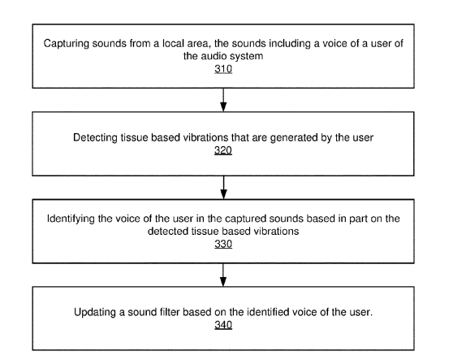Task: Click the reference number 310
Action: point(223,69)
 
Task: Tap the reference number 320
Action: point(223,150)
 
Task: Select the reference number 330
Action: point(223,244)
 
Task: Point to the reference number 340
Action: point(223,325)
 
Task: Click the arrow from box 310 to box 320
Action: point(223,100)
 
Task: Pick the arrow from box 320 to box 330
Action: point(223,188)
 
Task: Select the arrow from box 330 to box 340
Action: point(223,275)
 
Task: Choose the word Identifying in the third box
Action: point(71,219)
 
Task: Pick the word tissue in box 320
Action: point(134,137)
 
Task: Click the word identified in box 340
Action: point(268,312)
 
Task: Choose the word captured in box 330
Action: point(245,219)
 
